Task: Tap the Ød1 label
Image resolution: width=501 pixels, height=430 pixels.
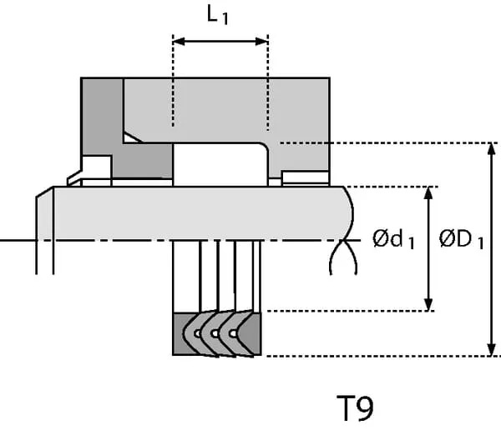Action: (x=393, y=241)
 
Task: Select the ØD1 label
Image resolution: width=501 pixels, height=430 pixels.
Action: (x=462, y=241)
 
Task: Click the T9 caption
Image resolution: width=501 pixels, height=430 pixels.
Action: (x=355, y=408)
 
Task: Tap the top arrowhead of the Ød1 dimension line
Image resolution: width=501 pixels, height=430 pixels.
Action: (x=428, y=192)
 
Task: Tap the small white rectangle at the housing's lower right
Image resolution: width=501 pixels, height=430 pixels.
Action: (x=306, y=177)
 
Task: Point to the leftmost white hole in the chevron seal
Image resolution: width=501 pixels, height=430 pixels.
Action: (x=197, y=333)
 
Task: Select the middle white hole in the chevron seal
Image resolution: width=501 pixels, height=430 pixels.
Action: (x=215, y=333)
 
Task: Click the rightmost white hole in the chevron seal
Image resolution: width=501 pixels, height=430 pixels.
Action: (x=234, y=333)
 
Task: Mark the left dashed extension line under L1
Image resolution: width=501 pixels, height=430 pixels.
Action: (x=173, y=83)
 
